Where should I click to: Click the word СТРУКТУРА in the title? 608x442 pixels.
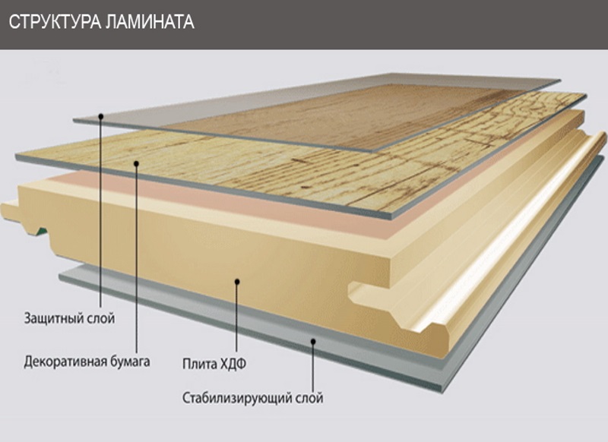(x=51, y=22)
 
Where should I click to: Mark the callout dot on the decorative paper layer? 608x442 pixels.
(x=136, y=161)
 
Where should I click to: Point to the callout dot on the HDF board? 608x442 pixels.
(x=237, y=282)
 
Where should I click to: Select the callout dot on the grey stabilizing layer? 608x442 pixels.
(x=312, y=342)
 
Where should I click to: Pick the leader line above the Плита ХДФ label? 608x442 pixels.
(x=237, y=319)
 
